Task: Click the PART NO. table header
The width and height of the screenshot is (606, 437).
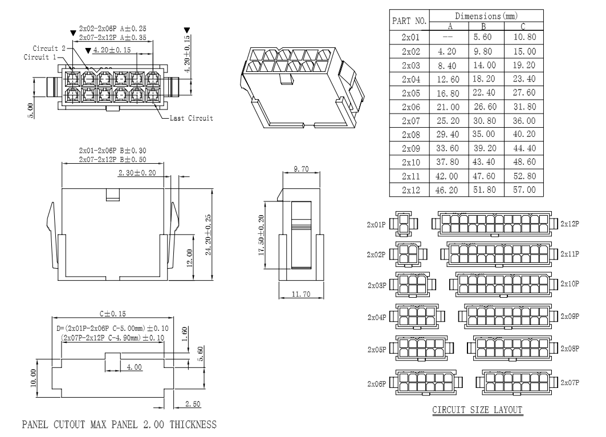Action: click(409, 21)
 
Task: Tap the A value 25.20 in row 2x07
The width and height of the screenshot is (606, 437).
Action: click(449, 120)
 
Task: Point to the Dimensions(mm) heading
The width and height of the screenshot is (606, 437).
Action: click(486, 15)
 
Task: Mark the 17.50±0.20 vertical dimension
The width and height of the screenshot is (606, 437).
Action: click(262, 236)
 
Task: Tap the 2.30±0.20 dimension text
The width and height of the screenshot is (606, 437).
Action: click(137, 172)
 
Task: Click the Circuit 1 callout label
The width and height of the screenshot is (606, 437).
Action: click(40, 57)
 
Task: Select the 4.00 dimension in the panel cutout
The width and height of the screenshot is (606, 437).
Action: click(134, 367)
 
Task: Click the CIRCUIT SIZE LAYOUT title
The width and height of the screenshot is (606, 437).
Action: click(478, 410)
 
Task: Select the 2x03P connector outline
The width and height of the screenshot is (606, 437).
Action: click(410, 284)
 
